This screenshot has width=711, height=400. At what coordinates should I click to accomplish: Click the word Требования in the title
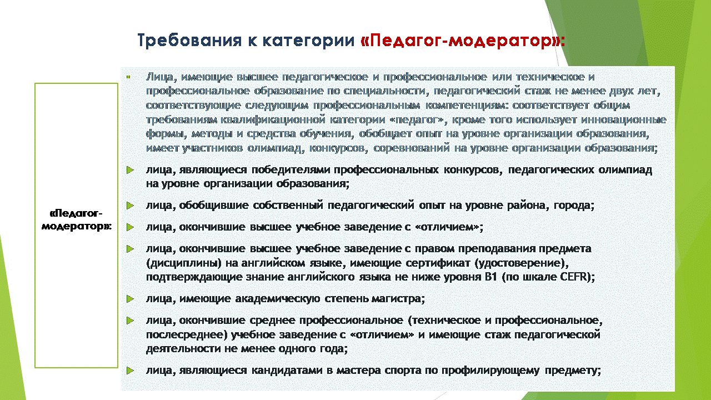[189, 41]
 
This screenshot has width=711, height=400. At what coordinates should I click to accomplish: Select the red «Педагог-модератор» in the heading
[463, 41]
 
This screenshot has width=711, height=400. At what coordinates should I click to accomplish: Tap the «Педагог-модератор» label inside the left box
[77, 219]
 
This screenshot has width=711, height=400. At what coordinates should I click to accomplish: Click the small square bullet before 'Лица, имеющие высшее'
[128, 77]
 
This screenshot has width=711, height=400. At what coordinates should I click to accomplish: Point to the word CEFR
[574, 277]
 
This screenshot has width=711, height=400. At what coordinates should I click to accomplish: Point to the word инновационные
[624, 119]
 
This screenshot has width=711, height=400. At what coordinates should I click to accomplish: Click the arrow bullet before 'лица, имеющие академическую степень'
[130, 299]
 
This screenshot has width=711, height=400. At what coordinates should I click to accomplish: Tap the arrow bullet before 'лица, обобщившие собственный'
[130, 206]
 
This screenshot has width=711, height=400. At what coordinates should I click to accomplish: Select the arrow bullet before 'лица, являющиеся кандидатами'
[130, 371]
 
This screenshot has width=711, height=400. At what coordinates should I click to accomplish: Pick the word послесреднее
[186, 335]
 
